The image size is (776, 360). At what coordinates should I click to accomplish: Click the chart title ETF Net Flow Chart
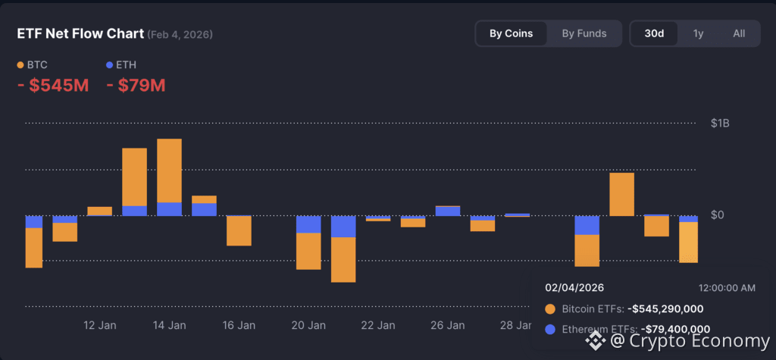click(x=80, y=34)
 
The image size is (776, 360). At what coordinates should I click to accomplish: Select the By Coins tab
click(x=511, y=33)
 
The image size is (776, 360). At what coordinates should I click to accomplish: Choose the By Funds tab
click(x=584, y=33)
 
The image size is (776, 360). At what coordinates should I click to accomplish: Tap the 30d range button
click(x=654, y=33)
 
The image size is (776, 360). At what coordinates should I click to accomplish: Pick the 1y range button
click(x=697, y=33)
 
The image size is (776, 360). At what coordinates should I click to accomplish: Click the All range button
click(x=739, y=33)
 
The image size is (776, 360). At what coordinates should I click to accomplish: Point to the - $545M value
click(x=53, y=86)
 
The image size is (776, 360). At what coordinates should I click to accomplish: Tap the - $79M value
click(x=136, y=86)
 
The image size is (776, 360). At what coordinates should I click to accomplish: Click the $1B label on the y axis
click(x=721, y=123)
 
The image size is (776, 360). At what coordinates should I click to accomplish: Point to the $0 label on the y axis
click(x=717, y=215)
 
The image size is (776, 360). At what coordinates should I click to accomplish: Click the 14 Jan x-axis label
click(x=169, y=325)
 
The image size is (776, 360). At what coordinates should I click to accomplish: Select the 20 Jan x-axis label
click(x=308, y=325)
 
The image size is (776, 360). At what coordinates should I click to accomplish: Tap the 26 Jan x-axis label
click(x=447, y=325)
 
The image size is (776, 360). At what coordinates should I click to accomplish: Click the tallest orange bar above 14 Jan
click(x=169, y=171)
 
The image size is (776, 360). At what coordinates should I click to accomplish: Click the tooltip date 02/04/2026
click(x=574, y=288)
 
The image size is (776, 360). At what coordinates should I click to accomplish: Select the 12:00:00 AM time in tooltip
click(x=726, y=288)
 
